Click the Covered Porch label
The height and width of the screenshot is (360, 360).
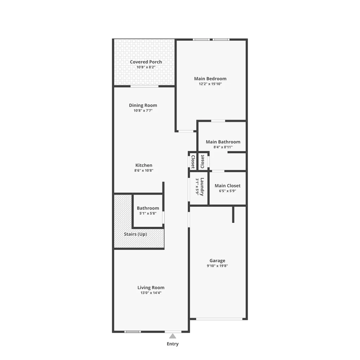(x=146, y=62)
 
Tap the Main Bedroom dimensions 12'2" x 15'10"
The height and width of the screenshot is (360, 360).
(x=210, y=84)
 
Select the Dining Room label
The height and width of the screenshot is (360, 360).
(x=143, y=105)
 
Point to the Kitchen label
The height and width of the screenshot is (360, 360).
(x=144, y=165)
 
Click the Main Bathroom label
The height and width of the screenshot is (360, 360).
(x=223, y=142)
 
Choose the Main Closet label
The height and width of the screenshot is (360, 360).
(x=227, y=186)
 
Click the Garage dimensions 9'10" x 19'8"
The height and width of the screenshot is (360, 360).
(x=217, y=266)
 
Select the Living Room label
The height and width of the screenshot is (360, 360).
(x=151, y=288)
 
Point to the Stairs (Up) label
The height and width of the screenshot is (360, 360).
(x=135, y=234)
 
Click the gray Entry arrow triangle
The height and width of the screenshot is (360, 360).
(x=173, y=336)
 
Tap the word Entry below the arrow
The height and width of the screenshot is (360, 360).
(x=173, y=344)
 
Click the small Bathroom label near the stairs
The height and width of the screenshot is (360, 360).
(x=148, y=208)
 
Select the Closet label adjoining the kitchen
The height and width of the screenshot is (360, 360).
(x=193, y=162)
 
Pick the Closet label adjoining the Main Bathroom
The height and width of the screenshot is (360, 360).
(x=202, y=162)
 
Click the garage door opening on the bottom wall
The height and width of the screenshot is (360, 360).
(x=219, y=319)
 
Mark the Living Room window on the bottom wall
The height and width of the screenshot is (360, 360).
(x=133, y=332)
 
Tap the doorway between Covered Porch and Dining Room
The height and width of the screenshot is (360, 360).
(x=144, y=86)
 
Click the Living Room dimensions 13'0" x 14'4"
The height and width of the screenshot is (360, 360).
(x=151, y=293)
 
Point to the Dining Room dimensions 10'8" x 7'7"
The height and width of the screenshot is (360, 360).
(x=143, y=110)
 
